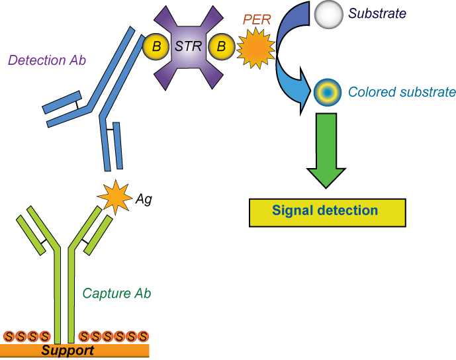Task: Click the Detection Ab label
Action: click(x=47, y=60)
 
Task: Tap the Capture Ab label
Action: click(x=116, y=293)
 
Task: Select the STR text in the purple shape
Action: click(x=188, y=47)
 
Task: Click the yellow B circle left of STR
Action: click(x=156, y=47)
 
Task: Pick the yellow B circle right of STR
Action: click(x=221, y=47)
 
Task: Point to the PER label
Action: click(x=257, y=20)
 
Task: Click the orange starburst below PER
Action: click(x=255, y=48)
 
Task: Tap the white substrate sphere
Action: click(x=328, y=15)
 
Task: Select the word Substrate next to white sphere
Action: click(x=377, y=13)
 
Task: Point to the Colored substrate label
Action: click(x=402, y=92)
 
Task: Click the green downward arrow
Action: click(x=326, y=150)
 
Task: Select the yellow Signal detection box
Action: click(x=327, y=212)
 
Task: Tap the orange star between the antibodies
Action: click(x=115, y=197)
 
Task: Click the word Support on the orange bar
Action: click(x=68, y=351)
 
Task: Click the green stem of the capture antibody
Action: click(x=64, y=291)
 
